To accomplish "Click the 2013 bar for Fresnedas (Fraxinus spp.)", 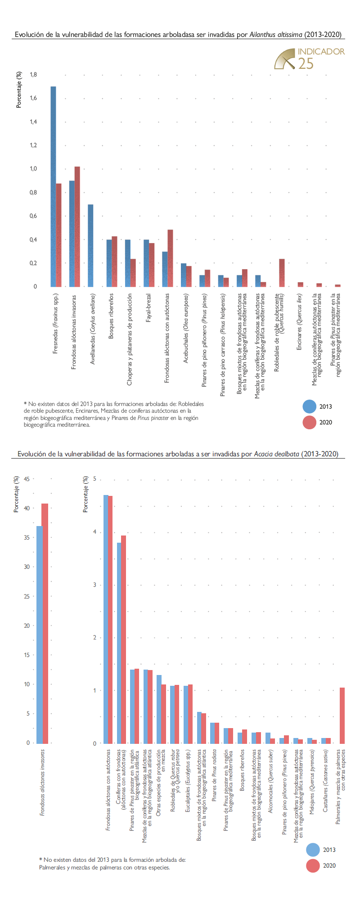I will point(53,186).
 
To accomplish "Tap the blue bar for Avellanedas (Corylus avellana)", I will point(90,245).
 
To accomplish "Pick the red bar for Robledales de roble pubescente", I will point(282,273).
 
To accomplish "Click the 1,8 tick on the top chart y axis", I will point(33,75).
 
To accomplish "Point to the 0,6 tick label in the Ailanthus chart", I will point(33,216).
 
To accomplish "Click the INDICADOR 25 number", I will point(306,63).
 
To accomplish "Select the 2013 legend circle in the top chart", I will point(310,406).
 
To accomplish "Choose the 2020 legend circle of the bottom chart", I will point(313,865).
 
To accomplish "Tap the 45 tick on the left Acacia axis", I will point(27,479).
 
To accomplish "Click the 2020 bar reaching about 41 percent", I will point(45,623).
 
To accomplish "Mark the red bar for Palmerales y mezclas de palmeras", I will point(342,715).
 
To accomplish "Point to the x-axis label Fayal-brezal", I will point(148,308).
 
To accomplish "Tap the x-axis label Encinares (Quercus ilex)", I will point(299,322).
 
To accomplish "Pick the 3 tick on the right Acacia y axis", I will point(94,585).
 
